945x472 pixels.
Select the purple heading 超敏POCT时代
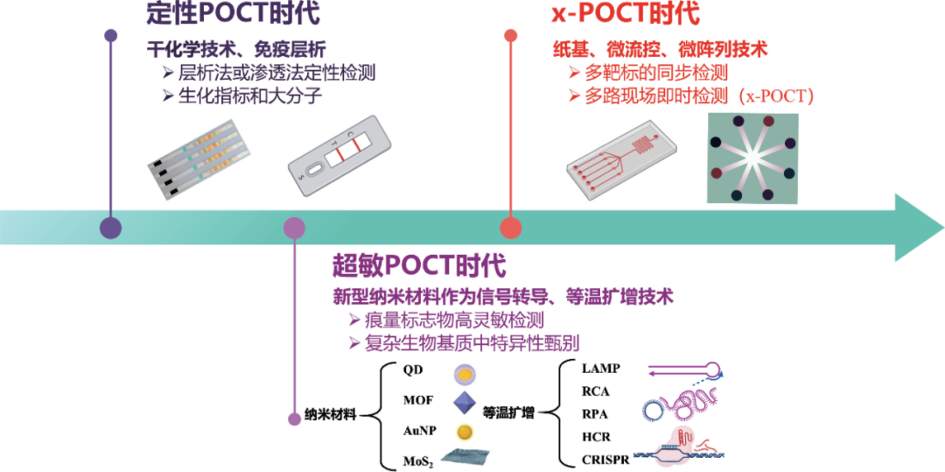418,266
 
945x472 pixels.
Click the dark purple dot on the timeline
110,228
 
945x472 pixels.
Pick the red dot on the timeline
511,228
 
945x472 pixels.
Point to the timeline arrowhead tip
943,228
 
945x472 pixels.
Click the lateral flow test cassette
339,155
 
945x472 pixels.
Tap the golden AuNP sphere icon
464,432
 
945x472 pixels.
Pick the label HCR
596,436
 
